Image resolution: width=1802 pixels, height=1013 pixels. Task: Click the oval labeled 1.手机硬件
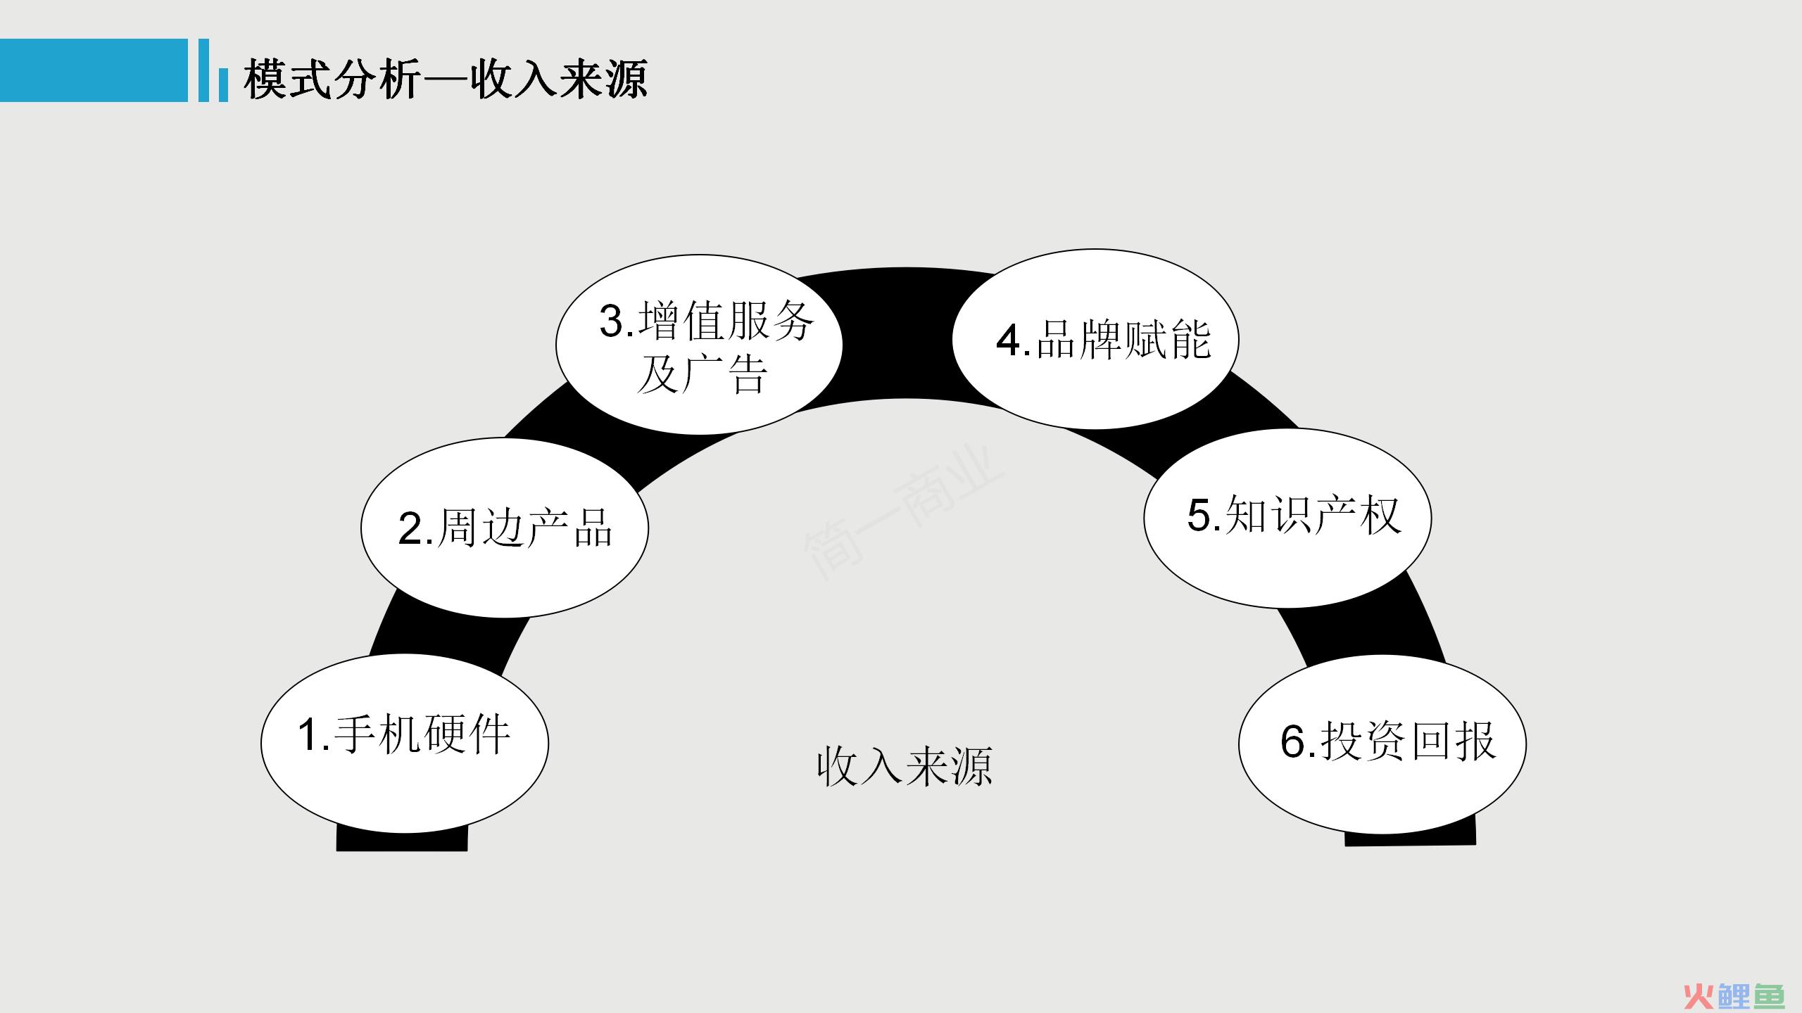[x=405, y=744]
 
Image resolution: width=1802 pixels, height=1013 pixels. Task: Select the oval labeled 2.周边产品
[x=505, y=528]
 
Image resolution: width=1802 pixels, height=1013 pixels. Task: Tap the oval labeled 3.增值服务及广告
[x=699, y=345]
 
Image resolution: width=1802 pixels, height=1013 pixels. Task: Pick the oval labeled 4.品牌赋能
[x=1095, y=339]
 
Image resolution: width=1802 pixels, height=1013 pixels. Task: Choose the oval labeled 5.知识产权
[x=1287, y=518]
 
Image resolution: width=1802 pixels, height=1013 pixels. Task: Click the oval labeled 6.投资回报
[x=1382, y=744]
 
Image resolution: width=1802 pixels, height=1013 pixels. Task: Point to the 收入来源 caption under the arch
[x=905, y=766]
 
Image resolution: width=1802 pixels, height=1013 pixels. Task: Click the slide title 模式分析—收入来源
[x=445, y=78]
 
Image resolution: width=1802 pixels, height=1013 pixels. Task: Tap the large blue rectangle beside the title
[x=94, y=70]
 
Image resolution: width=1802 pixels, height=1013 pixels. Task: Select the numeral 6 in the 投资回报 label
[x=1293, y=741]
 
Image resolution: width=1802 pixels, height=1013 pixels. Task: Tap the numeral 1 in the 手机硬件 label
[x=310, y=735]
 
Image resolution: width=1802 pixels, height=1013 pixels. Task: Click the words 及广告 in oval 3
[x=701, y=375]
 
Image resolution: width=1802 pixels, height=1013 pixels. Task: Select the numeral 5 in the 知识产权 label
[x=1199, y=515]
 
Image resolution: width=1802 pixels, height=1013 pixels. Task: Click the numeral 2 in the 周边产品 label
[x=410, y=528]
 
